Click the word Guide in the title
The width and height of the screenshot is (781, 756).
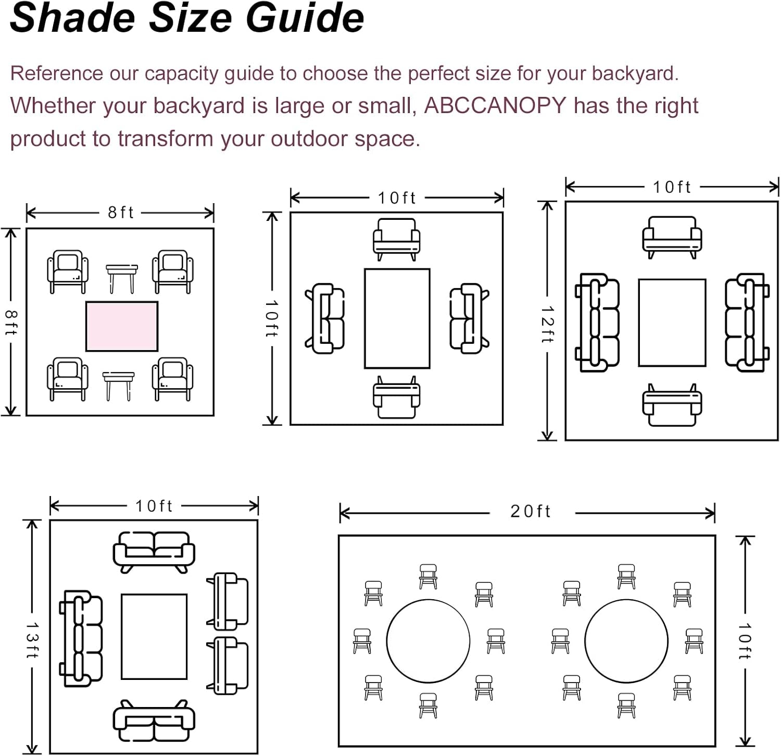305,18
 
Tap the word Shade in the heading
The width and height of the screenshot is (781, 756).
73,18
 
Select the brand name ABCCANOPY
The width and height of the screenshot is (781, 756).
495,105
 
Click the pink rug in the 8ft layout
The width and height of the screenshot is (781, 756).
122,326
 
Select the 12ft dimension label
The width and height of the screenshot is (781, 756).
547,324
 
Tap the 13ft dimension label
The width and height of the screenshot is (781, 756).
32,639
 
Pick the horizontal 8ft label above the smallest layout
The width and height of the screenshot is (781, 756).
121,213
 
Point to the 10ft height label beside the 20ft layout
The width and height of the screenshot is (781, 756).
745,641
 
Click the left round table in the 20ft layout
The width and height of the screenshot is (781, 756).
428,641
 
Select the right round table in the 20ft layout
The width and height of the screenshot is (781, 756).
626,641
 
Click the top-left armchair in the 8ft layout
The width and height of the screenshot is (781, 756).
68,271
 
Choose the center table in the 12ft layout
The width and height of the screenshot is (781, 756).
672,323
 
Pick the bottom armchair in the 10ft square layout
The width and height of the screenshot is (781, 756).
397,398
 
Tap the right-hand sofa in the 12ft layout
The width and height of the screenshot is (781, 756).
747,323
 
